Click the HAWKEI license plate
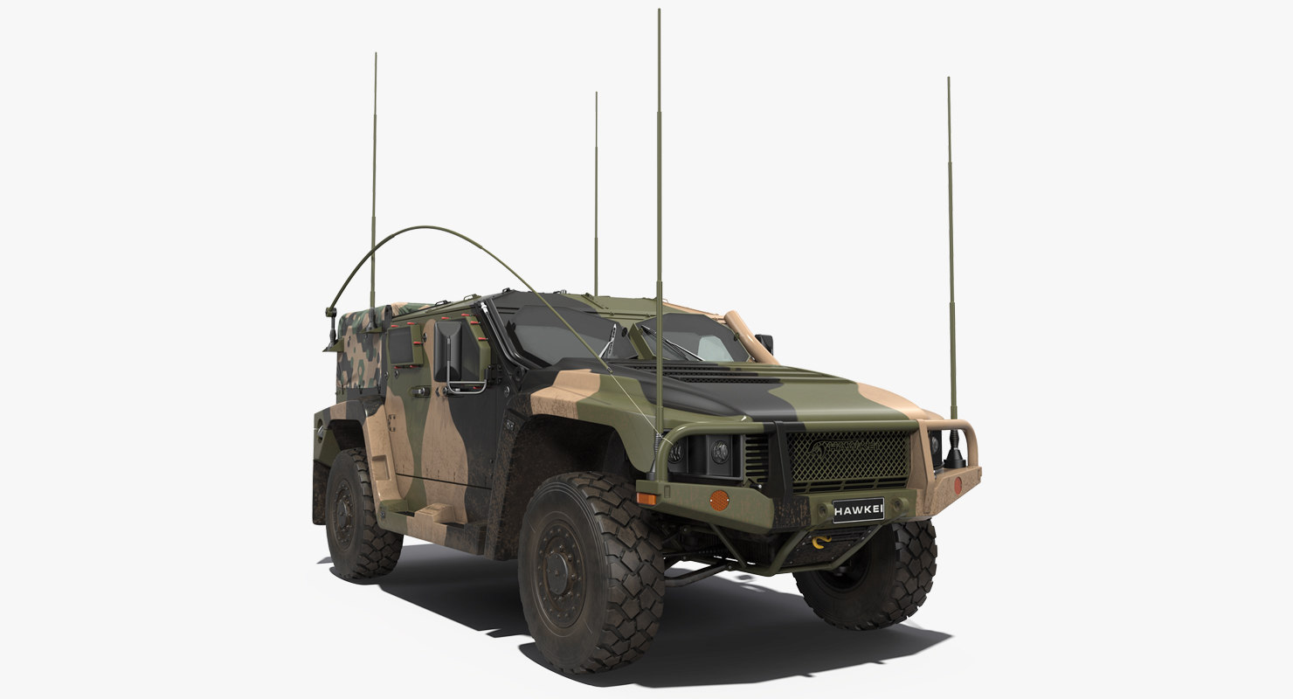857,509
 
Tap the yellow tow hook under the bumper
820,543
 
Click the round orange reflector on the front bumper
718,500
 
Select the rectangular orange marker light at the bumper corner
646,498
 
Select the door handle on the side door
422,391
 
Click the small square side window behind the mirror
401,346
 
